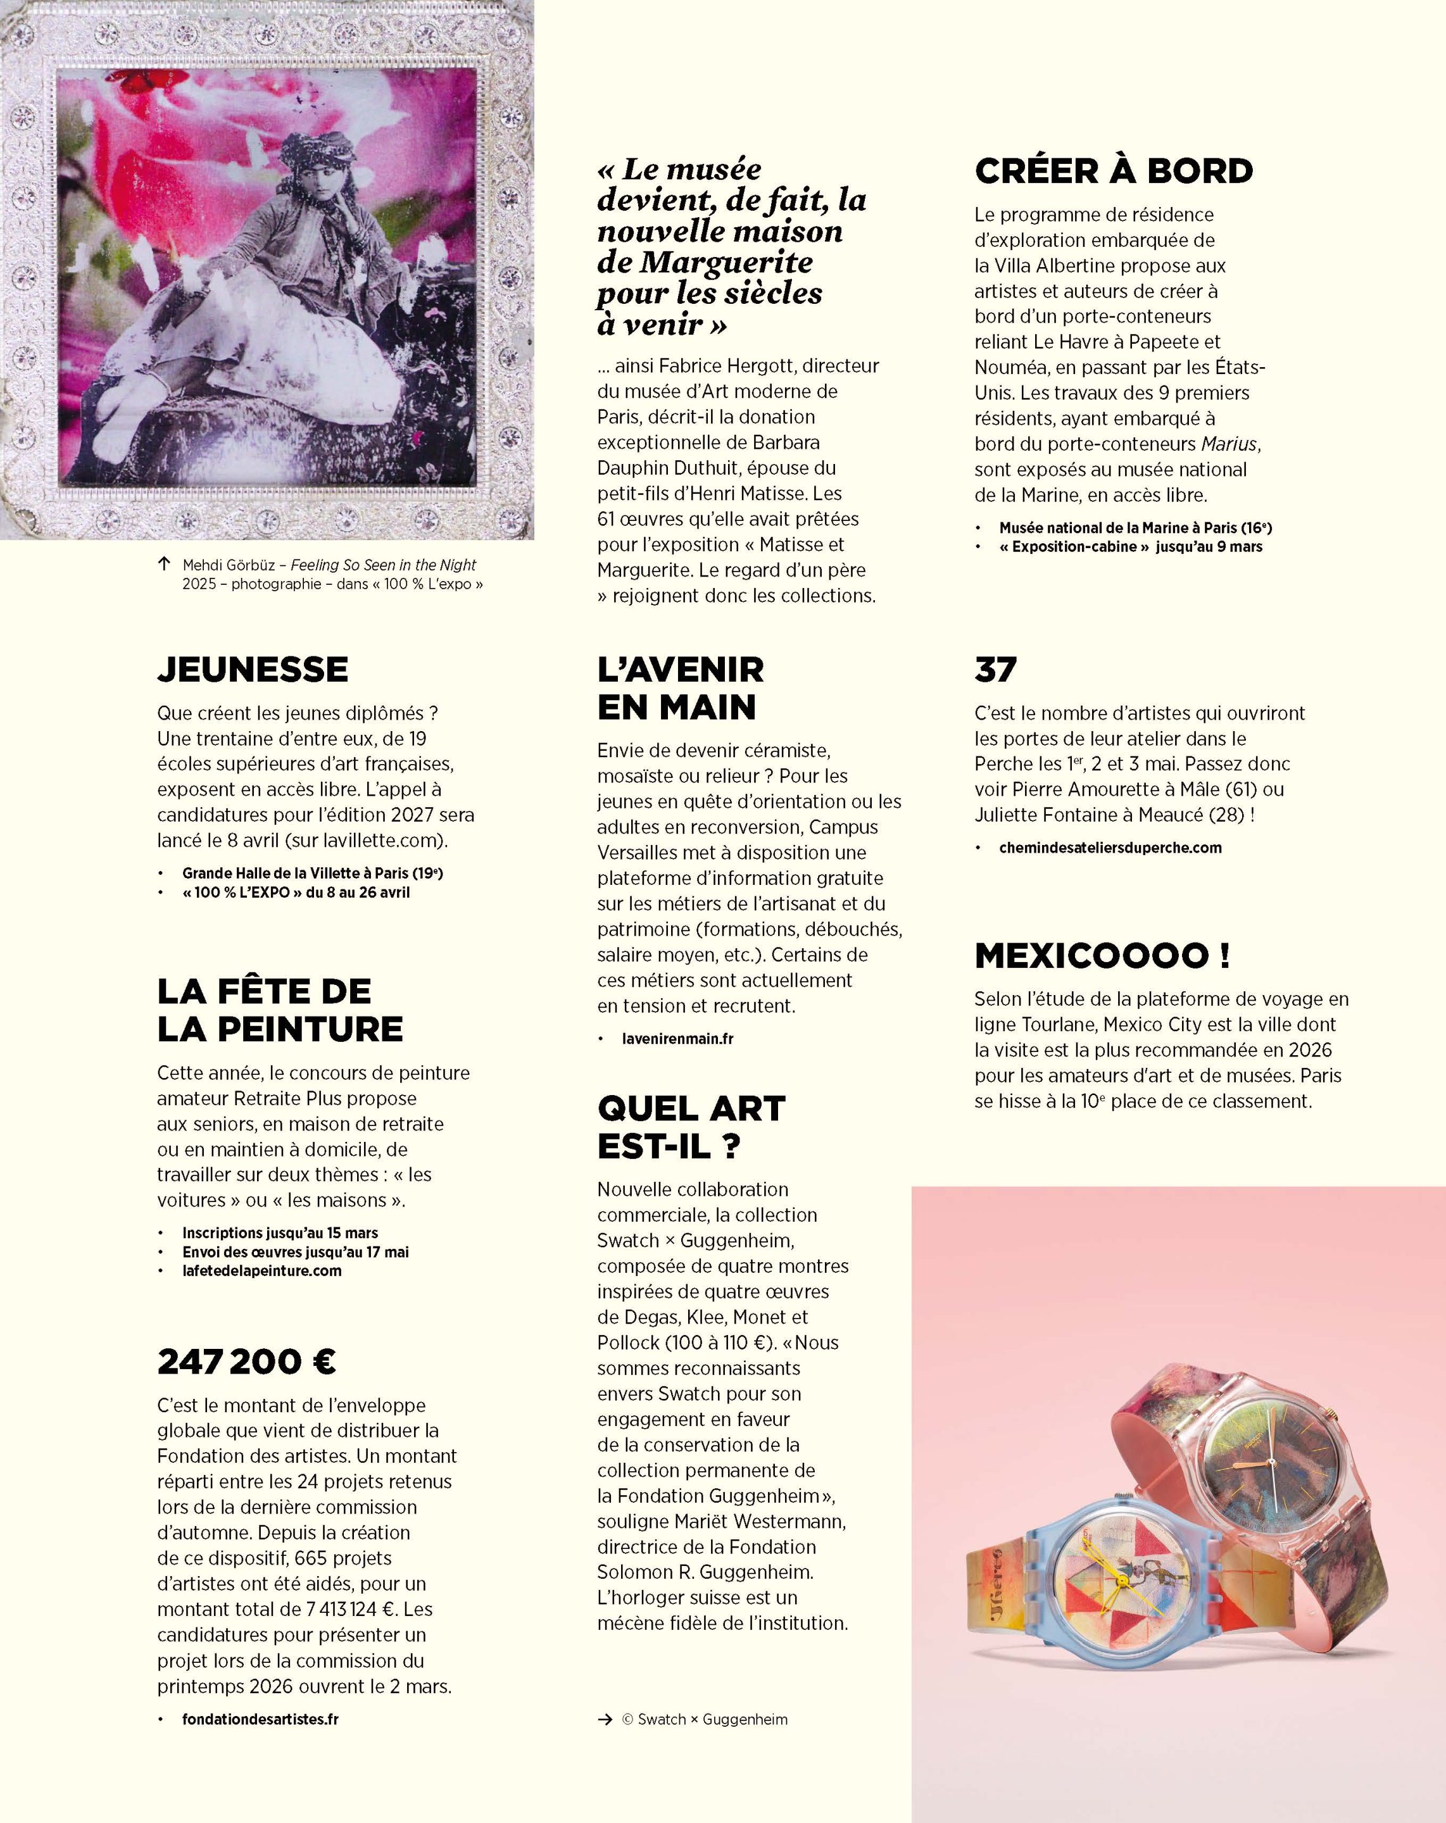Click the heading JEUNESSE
252,669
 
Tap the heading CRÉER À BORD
1113,171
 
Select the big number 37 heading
995,669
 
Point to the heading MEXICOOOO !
1102,955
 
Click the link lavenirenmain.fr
677,1038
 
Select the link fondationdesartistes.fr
260,1719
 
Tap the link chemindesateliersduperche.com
1109,847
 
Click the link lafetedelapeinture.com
261,1270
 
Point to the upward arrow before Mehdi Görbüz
164,563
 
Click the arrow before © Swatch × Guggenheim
605,1719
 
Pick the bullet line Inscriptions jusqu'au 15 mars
279,1233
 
